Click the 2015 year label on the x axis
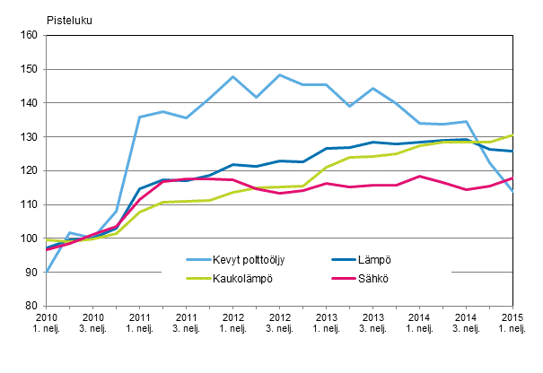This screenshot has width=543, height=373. click(512, 318)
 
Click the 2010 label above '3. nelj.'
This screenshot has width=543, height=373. click(92, 318)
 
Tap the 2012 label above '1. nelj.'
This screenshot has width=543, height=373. click(232, 318)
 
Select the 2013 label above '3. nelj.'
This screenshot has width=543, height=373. click(372, 318)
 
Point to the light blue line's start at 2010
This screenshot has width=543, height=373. click(47, 271)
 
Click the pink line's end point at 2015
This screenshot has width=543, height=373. click(512, 178)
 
